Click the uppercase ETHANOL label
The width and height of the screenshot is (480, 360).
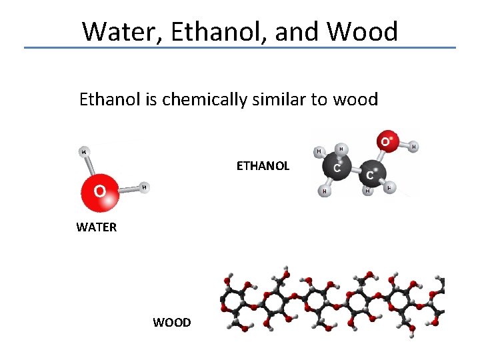(x=263, y=166)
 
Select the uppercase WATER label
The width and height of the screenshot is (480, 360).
(x=96, y=227)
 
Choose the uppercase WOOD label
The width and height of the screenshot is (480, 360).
(x=171, y=323)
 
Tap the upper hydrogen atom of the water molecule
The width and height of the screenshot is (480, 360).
(x=84, y=151)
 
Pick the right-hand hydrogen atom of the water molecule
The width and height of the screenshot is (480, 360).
(x=144, y=187)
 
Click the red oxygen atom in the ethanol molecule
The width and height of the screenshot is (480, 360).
(x=385, y=142)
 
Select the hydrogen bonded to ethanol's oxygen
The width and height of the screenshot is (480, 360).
(x=413, y=146)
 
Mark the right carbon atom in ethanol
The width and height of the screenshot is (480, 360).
(x=371, y=174)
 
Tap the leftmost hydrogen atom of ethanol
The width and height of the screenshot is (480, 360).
(x=319, y=151)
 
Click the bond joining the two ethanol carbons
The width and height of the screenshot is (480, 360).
(x=355, y=171)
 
